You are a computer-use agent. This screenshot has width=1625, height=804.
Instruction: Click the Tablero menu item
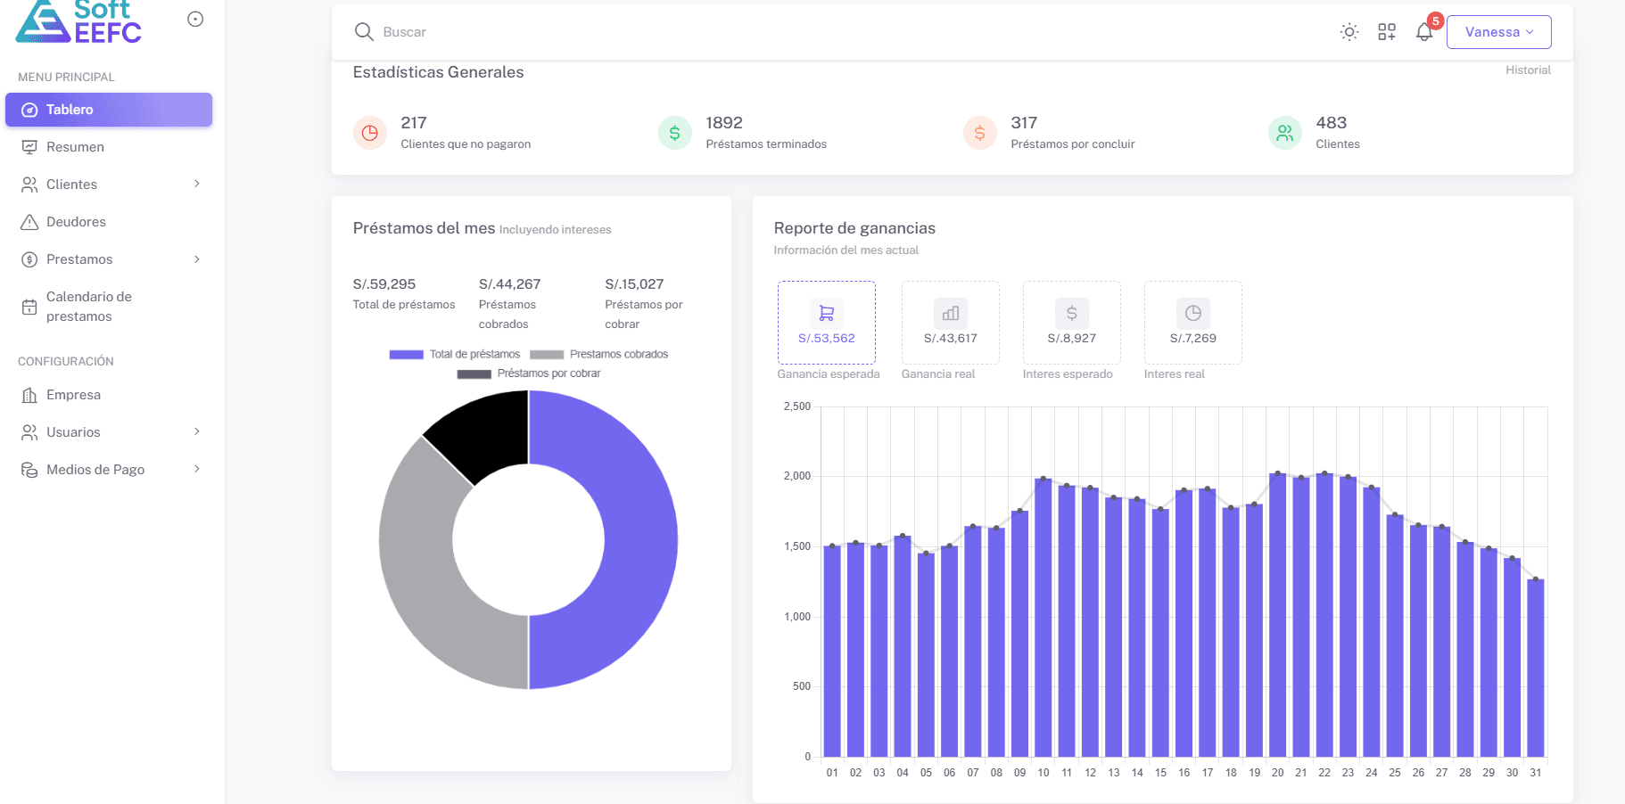coord(109,110)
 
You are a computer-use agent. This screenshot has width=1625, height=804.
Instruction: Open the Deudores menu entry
coord(76,222)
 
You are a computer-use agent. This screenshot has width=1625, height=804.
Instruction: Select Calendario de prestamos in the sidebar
coord(89,307)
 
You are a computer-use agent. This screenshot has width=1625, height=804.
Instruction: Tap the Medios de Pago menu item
coord(95,470)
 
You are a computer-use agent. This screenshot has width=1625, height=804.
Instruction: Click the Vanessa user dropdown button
coord(1498,32)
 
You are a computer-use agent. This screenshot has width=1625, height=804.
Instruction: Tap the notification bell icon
coord(1424,32)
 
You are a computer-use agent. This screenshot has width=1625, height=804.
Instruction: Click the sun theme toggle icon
coord(1349,32)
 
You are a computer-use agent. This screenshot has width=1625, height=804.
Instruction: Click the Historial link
coord(1528,70)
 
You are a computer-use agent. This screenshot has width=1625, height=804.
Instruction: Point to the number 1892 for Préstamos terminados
coord(723,123)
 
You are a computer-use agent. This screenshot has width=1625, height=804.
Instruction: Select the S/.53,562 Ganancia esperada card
coord(827,323)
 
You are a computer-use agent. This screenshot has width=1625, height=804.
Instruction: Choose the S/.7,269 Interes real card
coord(1192,323)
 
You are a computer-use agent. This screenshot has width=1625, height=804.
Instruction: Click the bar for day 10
coord(1043,618)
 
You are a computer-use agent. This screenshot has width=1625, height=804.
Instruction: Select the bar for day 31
coord(1535,669)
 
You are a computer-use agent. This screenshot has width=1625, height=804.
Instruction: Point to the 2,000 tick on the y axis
coord(797,476)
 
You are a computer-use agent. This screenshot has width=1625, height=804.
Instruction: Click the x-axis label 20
coord(1277,773)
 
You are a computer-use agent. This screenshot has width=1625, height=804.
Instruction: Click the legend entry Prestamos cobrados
coord(599,355)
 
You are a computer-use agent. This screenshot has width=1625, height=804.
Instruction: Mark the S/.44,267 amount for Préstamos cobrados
coord(509,284)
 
